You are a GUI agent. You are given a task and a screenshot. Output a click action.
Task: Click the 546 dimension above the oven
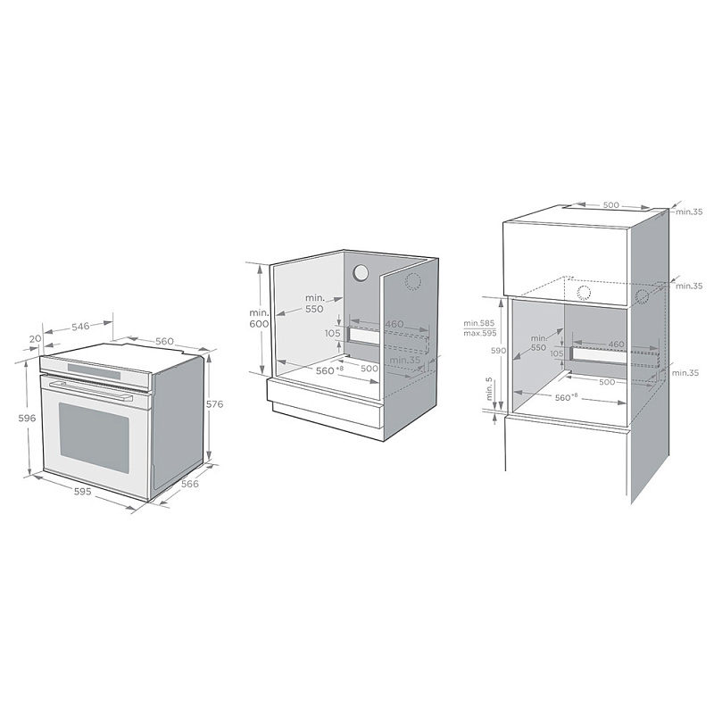point(80,327)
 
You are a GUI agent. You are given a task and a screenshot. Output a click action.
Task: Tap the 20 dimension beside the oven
point(34,339)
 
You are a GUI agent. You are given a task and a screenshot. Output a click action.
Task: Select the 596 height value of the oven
point(28,418)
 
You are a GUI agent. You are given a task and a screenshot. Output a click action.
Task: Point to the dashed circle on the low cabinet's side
point(412,282)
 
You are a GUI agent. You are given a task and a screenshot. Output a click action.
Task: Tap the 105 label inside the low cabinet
point(333,333)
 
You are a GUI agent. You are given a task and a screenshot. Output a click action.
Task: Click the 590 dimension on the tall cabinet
point(486,351)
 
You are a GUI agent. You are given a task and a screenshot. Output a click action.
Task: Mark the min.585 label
point(479,322)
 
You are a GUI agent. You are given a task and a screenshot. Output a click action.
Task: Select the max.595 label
point(480,333)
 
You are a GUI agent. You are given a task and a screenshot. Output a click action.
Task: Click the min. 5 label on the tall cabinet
point(488,390)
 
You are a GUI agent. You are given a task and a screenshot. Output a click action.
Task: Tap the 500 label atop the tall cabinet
point(611,204)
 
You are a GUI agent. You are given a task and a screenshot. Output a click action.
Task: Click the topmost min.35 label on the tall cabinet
point(688,212)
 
